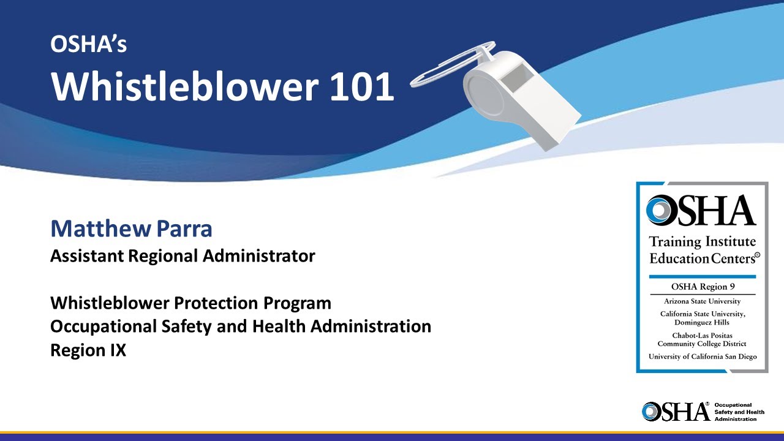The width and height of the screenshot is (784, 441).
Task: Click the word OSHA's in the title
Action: pos(88,44)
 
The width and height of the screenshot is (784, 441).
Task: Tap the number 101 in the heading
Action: pos(361,86)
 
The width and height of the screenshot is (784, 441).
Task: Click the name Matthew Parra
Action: pos(131,229)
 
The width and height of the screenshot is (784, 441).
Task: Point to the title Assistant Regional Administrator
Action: pos(183,256)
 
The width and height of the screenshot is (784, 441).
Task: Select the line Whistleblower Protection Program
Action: pos(190,303)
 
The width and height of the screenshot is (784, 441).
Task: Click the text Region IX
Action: pos(88,351)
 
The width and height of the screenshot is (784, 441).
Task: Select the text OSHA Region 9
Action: pos(702,287)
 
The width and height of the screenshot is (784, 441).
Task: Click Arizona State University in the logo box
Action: pos(702,301)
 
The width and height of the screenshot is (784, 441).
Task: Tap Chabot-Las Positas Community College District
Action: pos(702,340)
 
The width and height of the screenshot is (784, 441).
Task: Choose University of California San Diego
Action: pos(702,356)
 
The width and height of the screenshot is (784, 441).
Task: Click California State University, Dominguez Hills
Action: pos(702,318)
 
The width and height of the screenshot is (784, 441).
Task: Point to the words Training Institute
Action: pos(703,242)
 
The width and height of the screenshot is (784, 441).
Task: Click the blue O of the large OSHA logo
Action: pos(661,210)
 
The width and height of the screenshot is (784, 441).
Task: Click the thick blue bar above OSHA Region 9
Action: pos(702,276)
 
